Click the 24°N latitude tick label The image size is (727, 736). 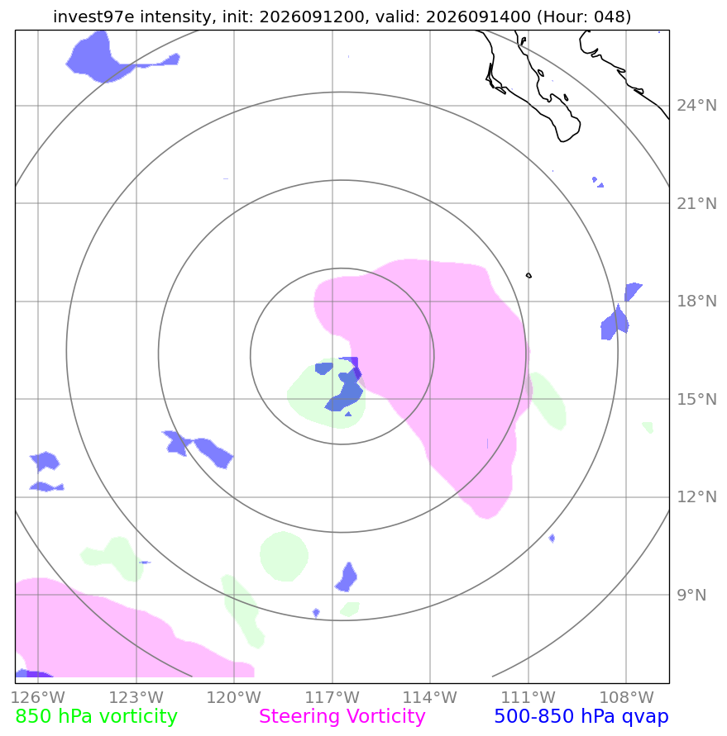[x=696, y=106]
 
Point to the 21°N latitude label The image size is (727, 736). [x=696, y=204]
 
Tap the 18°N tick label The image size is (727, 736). [x=696, y=302]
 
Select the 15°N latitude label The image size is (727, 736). [x=696, y=400]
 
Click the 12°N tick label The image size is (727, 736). [x=696, y=497]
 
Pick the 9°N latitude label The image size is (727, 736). [x=691, y=596]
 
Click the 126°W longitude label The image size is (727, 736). [x=38, y=697]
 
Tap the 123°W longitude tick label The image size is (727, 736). [x=136, y=697]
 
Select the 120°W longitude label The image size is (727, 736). [x=234, y=697]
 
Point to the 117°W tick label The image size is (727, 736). [x=332, y=697]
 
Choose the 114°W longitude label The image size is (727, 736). [x=430, y=697]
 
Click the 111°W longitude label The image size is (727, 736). [x=529, y=697]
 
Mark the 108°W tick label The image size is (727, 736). [x=626, y=697]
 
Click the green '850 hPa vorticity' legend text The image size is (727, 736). [x=96, y=717]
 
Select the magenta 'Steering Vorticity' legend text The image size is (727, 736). [x=342, y=717]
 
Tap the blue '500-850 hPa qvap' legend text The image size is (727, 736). [x=581, y=717]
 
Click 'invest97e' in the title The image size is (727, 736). [x=93, y=17]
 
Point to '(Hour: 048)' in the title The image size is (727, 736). [x=584, y=17]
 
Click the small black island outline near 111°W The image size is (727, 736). [x=529, y=276]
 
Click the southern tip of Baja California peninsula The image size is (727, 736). [x=562, y=140]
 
